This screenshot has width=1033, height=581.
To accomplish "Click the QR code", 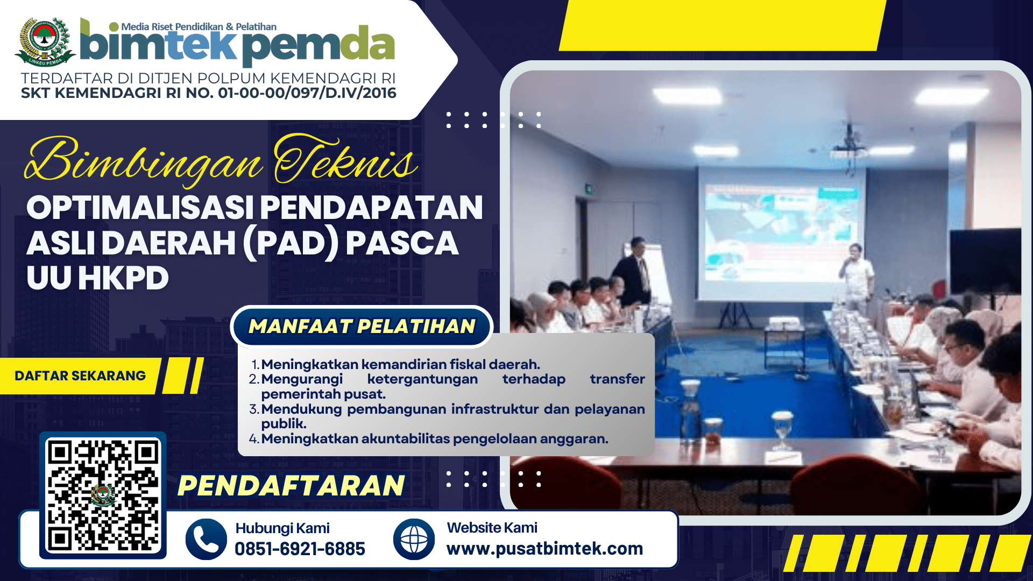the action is (103, 495).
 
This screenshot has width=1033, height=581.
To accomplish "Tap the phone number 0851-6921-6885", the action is (300, 549).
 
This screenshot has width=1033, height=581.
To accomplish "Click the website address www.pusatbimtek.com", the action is (544, 548).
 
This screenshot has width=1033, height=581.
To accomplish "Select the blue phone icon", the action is (206, 539).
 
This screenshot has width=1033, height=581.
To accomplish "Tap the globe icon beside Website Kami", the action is (414, 539).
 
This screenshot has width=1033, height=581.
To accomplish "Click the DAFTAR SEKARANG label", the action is (80, 375).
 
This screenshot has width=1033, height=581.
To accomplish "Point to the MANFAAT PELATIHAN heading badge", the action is (362, 326).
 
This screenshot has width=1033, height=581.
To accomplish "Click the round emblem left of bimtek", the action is (45, 42).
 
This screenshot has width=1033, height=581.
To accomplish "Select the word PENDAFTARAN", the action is (291, 485).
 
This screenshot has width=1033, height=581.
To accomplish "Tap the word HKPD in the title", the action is (123, 278).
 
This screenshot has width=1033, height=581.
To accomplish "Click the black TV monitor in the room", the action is (985, 261).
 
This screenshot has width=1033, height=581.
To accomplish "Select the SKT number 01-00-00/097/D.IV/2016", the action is (307, 93).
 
